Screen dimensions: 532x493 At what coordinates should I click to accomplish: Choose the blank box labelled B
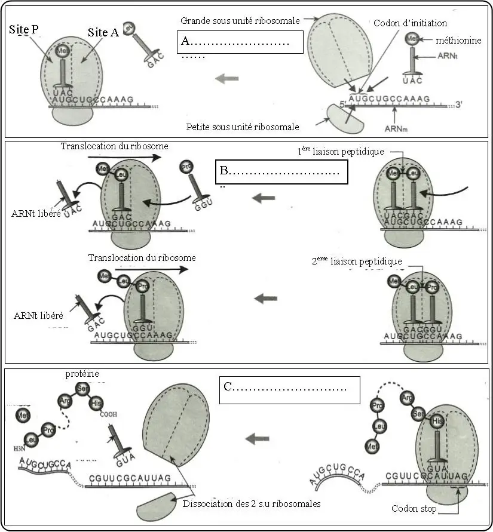(x=281, y=172)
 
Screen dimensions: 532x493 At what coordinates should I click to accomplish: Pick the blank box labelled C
(x=290, y=389)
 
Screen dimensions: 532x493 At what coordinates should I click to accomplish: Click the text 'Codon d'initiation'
(x=410, y=23)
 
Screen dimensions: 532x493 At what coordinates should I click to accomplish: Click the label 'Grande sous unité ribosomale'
(x=240, y=21)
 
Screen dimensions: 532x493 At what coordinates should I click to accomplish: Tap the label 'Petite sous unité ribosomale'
(x=243, y=127)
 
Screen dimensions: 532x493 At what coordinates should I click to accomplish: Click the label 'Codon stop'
(x=412, y=509)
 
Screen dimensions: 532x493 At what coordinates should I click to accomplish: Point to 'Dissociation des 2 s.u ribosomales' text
(x=252, y=503)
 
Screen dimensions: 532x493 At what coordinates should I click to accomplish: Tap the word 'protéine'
(x=83, y=374)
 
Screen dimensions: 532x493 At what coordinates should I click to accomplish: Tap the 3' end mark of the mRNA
(x=458, y=103)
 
